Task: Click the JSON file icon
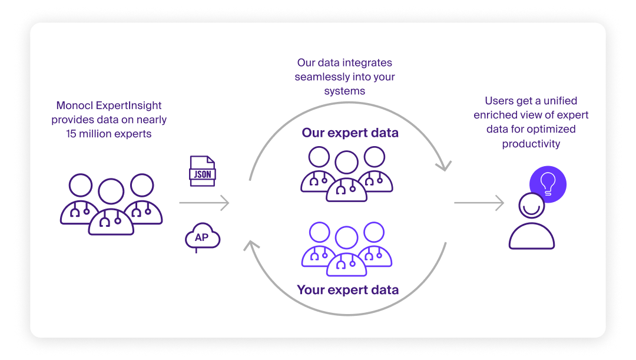pyautogui.click(x=202, y=171)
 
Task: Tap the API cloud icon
pyautogui.click(x=202, y=237)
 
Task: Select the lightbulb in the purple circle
pyautogui.click(x=548, y=183)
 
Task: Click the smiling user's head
pyautogui.click(x=532, y=206)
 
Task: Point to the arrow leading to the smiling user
pyautogui.click(x=479, y=203)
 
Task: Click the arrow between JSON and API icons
pyautogui.click(x=204, y=203)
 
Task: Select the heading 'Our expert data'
pyautogui.click(x=350, y=133)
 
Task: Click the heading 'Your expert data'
pyautogui.click(x=347, y=290)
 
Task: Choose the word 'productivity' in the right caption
pyautogui.click(x=531, y=143)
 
